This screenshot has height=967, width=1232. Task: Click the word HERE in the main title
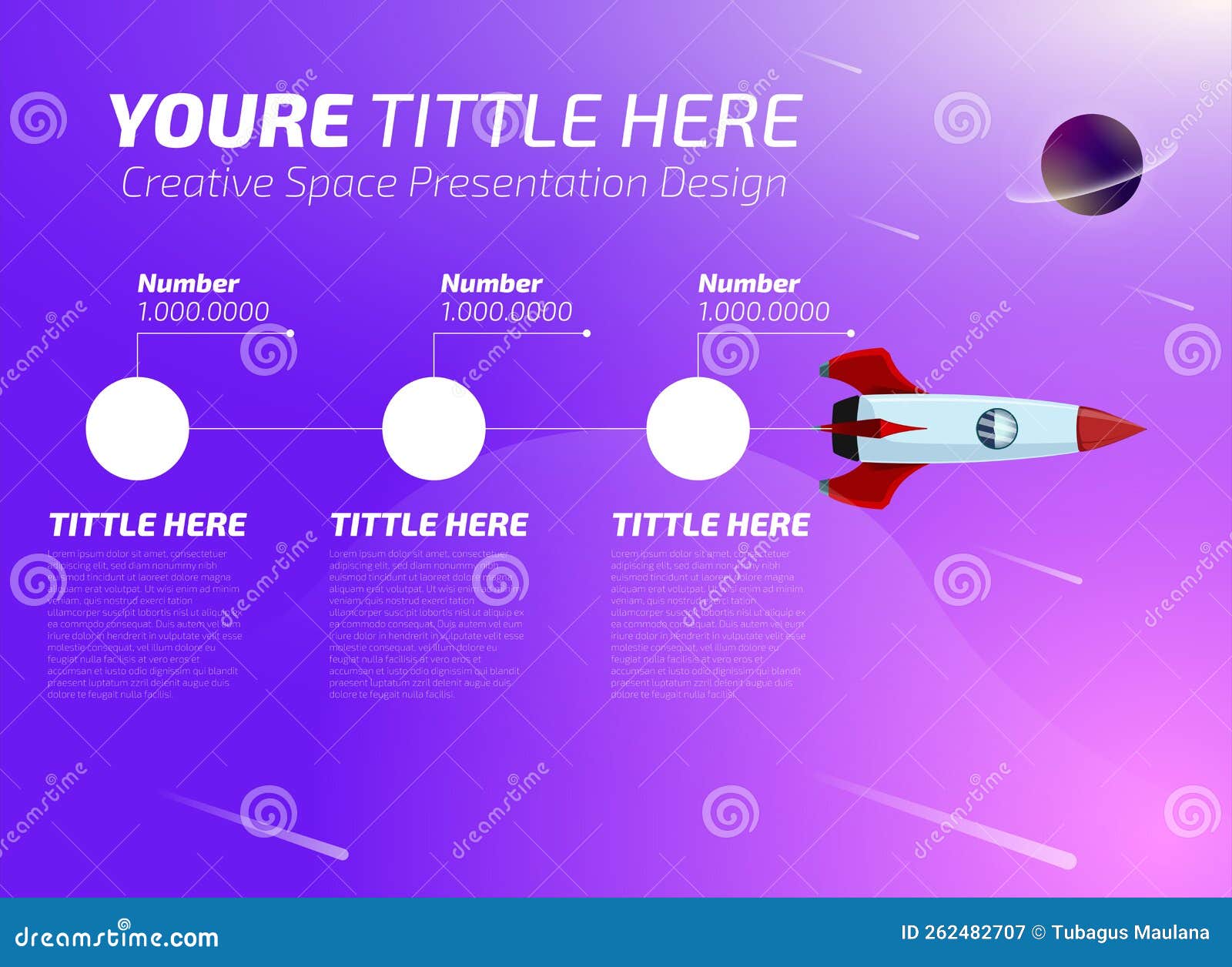tap(710, 121)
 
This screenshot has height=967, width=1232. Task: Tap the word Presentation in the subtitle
tap(527, 183)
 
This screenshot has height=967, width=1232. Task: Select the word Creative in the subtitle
tap(197, 183)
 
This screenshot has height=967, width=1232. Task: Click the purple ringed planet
tap(1091, 165)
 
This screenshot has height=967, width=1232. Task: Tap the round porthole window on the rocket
tap(996, 428)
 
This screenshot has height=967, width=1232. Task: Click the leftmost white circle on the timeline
tap(137, 429)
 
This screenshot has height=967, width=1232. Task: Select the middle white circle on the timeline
tap(434, 429)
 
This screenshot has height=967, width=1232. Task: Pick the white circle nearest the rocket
tap(698, 429)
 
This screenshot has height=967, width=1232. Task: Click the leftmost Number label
tap(188, 283)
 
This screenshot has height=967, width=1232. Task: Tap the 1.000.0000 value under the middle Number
tap(506, 312)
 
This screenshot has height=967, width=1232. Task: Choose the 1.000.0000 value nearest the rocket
tap(763, 312)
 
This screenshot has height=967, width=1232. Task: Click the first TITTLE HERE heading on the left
tap(148, 525)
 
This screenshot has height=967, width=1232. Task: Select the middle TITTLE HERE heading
tap(429, 525)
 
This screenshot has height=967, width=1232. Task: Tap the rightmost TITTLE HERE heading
tap(711, 525)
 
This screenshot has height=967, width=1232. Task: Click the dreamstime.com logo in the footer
tap(117, 936)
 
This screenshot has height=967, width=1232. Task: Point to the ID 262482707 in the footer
tap(962, 933)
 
